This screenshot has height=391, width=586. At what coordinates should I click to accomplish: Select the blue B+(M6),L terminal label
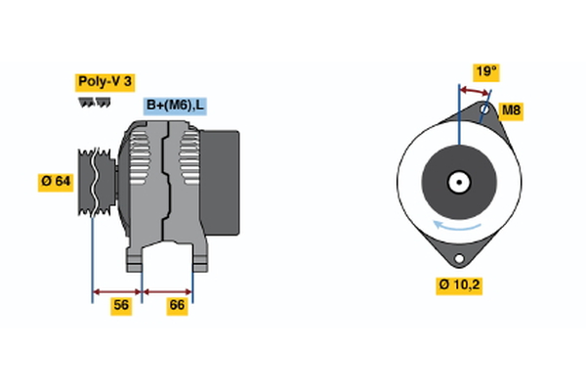(176, 106)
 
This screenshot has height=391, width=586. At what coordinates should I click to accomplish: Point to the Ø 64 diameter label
(57, 182)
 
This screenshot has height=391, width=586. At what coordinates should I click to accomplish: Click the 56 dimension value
(120, 305)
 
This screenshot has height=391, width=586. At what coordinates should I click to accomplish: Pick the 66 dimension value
(177, 305)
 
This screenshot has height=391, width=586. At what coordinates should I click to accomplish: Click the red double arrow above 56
(117, 290)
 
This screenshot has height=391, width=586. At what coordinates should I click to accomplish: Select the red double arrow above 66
(168, 290)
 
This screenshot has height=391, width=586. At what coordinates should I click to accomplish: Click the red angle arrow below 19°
(474, 92)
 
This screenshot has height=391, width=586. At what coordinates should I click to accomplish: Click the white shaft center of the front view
(457, 182)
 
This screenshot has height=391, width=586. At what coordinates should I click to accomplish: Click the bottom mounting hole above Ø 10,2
(457, 258)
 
